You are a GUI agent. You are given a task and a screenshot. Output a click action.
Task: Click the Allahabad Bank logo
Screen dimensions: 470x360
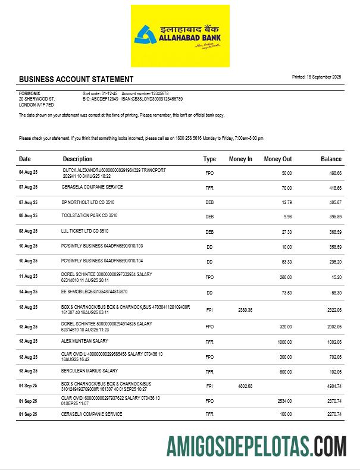point(180,36)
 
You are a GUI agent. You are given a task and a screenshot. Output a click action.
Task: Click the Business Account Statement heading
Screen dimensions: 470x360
point(76,79)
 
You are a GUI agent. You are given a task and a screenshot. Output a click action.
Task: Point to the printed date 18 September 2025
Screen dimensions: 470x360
point(316,77)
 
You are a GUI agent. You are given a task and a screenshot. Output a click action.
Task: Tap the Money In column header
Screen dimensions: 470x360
point(240,159)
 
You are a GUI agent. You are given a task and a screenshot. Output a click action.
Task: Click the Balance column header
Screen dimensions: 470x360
point(331,159)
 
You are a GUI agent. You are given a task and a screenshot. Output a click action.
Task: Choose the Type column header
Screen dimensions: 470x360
point(209,159)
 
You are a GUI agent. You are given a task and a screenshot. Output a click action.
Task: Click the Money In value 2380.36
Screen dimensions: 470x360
point(245,310)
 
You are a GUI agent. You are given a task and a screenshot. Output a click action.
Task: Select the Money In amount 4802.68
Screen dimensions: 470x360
point(245,386)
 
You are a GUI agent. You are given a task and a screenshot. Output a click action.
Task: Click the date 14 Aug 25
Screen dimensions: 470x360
point(28,292)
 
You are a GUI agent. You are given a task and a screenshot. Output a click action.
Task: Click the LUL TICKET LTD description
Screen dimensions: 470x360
point(85,231)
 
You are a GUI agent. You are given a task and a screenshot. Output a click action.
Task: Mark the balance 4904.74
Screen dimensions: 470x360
point(332,386)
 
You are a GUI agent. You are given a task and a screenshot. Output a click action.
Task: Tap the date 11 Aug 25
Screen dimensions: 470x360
point(28,277)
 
